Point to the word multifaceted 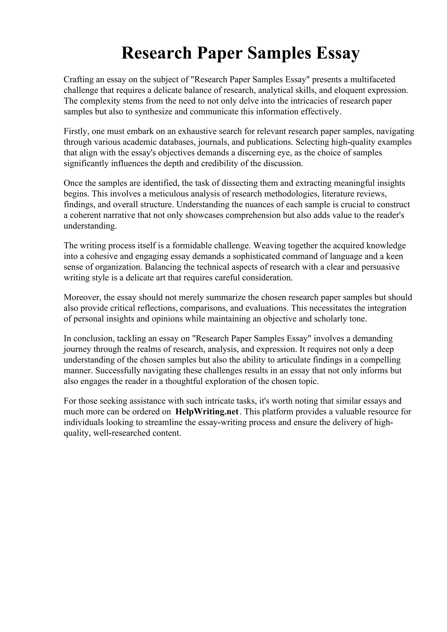pyautogui.click(x=372, y=80)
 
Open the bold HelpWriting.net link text pyautogui.click(x=207, y=412)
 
